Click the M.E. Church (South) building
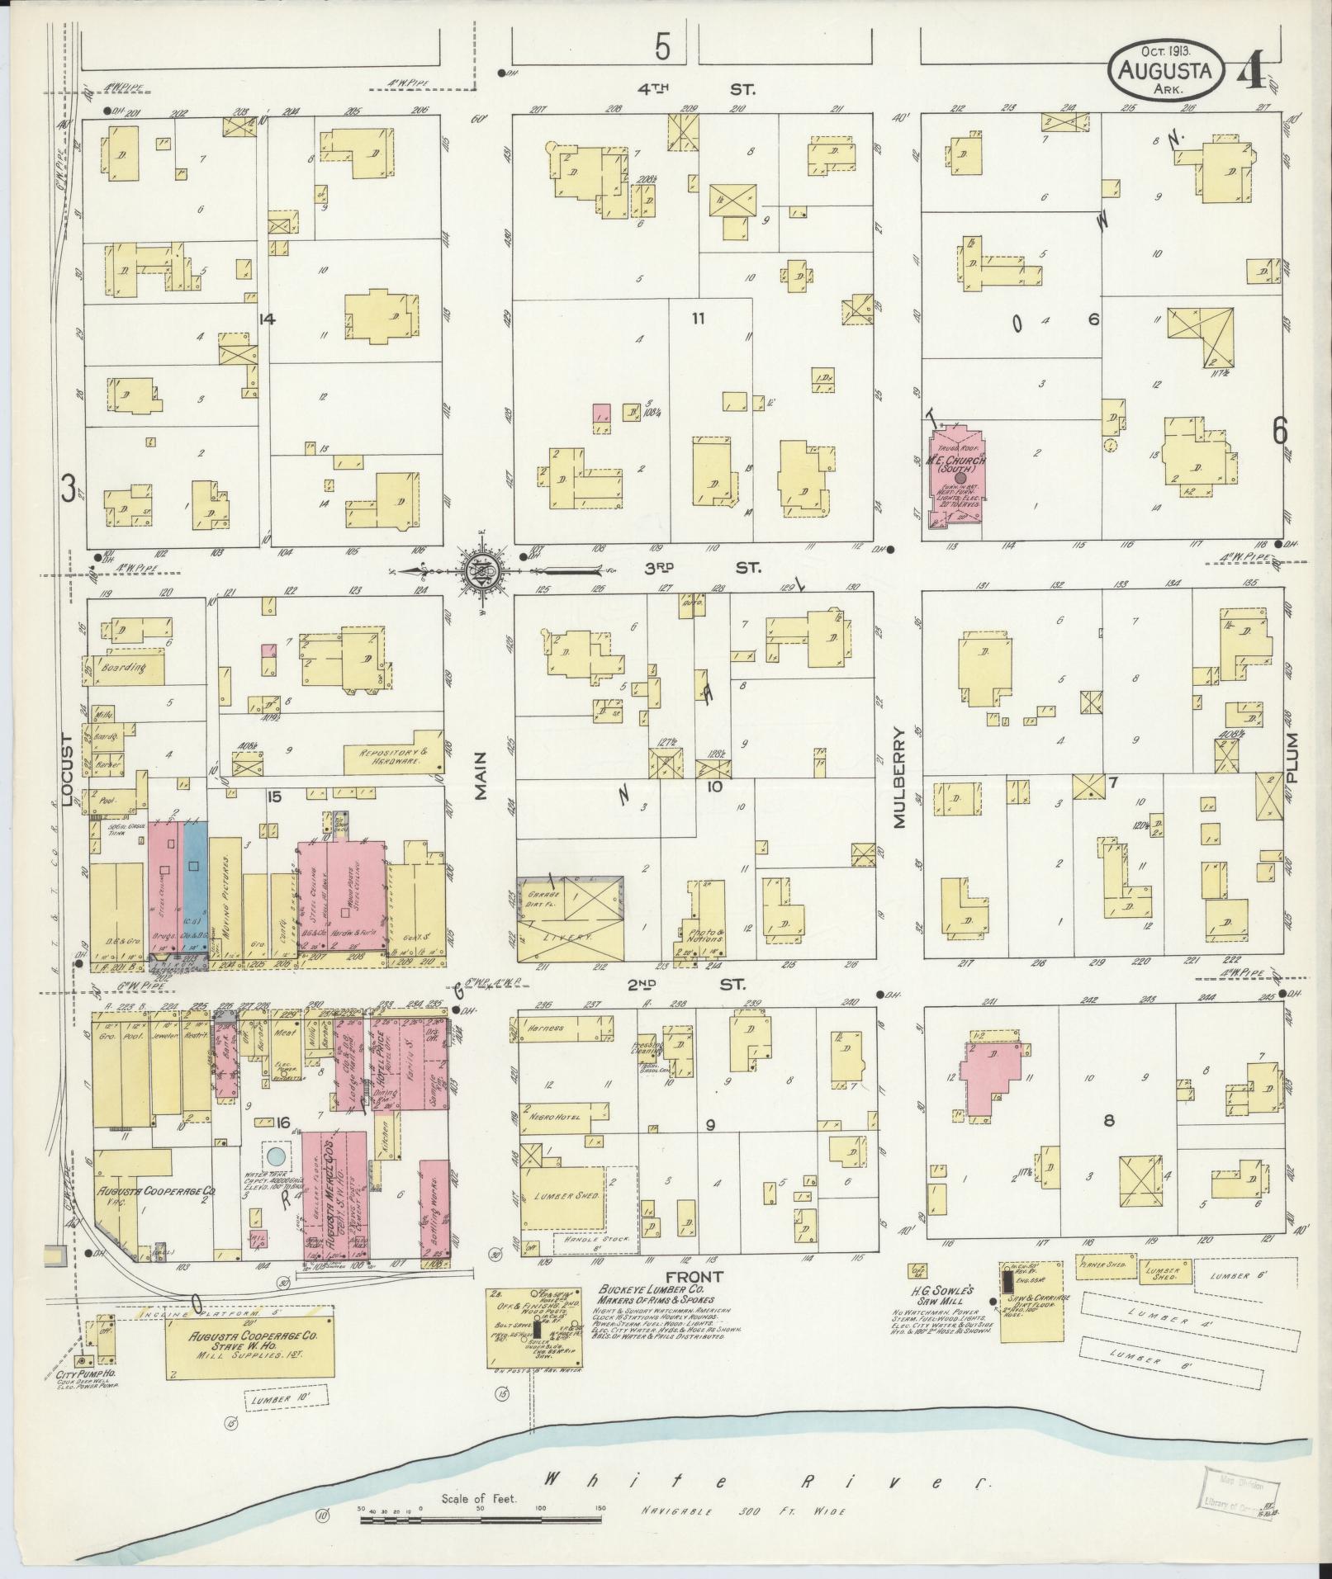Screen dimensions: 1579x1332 [x=955, y=479]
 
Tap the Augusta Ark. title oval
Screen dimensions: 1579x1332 [x=1165, y=73]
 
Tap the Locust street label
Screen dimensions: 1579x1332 [x=69, y=768]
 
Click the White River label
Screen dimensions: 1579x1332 [x=764, y=1482]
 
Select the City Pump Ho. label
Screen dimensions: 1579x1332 [x=80, y=1377]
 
